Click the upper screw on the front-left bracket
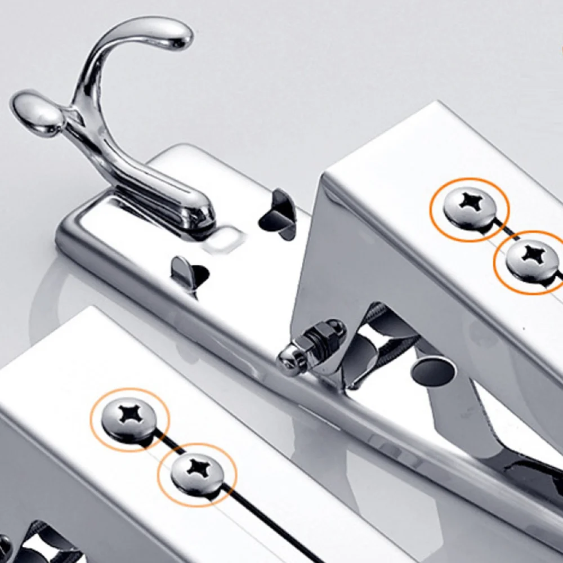pos(129,415)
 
